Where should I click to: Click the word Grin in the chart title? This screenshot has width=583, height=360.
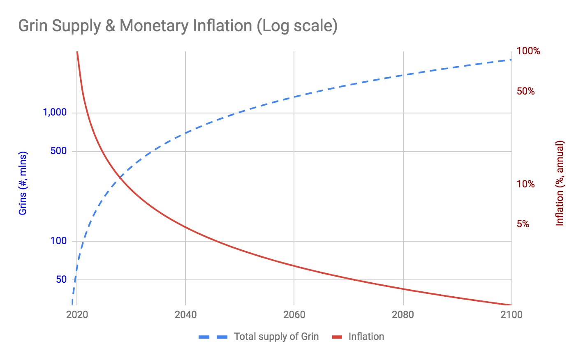32,26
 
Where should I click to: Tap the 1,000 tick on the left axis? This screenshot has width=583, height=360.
55,112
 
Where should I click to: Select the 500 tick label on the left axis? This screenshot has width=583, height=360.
58,151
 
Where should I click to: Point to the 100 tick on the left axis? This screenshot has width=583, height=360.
58,241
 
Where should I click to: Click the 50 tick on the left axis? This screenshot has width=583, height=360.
61,279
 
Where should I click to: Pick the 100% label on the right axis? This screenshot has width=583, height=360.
528,51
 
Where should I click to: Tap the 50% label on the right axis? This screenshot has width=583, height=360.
526,91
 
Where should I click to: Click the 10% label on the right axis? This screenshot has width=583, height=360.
526,184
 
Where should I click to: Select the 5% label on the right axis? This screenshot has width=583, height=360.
523,224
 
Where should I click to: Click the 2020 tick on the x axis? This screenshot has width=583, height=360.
77,315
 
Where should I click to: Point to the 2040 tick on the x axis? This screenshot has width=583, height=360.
185,315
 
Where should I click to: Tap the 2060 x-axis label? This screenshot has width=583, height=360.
294,315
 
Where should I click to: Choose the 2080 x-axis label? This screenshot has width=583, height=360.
403,315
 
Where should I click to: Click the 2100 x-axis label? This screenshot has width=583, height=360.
511,315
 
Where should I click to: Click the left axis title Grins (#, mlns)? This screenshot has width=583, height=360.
23,183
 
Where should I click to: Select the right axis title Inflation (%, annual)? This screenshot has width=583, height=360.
560,183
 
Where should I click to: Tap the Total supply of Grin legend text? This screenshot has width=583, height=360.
276,337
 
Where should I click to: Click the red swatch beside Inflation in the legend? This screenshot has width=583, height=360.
338,337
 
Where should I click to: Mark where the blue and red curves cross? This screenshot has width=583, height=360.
120,178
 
